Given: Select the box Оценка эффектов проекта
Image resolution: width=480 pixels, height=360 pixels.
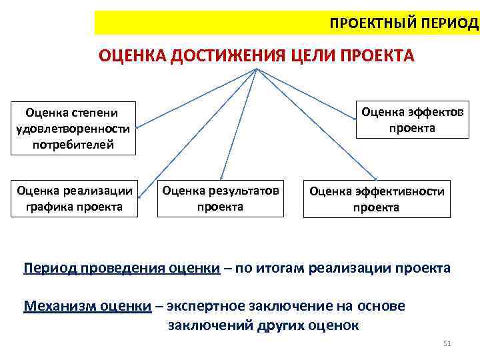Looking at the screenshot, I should [x=412, y=119].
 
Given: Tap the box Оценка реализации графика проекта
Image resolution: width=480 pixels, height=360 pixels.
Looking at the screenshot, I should [x=75, y=198].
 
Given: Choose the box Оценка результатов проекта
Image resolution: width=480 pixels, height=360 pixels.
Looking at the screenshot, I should [x=220, y=199].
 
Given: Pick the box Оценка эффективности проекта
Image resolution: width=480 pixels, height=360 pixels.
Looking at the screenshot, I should [x=376, y=199].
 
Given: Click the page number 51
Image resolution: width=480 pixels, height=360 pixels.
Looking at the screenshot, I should [x=447, y=343].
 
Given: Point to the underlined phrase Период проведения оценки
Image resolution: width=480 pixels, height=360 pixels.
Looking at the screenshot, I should [x=121, y=269].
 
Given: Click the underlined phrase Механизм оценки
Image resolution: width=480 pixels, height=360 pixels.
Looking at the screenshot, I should [x=87, y=306].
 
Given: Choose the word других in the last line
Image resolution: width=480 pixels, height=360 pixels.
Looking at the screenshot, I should [x=277, y=325].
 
